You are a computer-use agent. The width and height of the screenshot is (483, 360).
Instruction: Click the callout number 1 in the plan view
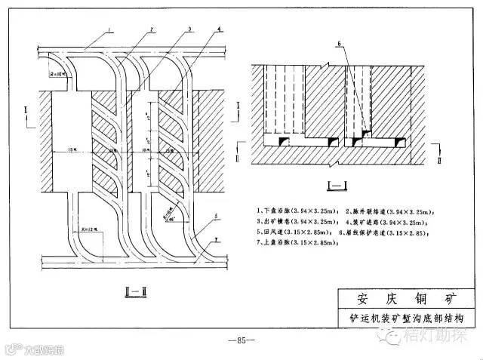pos(109,29)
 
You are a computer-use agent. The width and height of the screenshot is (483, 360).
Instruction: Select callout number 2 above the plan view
pos(152,29)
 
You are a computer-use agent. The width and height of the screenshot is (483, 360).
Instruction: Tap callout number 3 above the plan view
pos(189,29)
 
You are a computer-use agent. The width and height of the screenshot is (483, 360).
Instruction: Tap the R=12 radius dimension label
pos(83,231)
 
